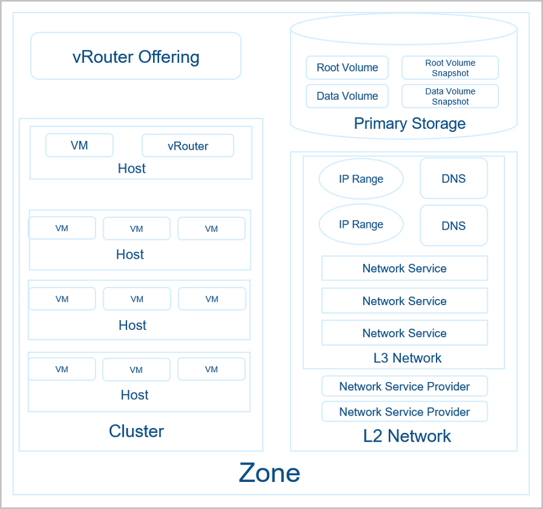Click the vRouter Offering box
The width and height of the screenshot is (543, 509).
(136, 56)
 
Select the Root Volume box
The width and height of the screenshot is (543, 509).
(347, 67)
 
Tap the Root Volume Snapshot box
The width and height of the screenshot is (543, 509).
(450, 68)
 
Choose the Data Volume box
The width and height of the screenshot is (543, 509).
(347, 96)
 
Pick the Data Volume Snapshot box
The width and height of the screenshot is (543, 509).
(450, 96)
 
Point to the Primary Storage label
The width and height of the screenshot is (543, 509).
(409, 124)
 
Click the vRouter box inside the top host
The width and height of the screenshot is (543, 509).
(188, 145)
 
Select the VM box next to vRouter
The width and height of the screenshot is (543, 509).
(79, 145)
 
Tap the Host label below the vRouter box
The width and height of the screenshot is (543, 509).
(131, 169)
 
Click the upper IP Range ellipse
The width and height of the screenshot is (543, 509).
(361, 179)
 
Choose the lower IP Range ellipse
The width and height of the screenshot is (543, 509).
(361, 224)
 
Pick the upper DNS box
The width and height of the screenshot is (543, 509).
(453, 179)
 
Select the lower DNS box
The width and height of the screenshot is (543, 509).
(453, 226)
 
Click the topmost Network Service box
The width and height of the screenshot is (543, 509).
(405, 268)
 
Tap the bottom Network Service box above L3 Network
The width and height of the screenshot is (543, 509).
(405, 333)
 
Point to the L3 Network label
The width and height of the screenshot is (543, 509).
(407, 358)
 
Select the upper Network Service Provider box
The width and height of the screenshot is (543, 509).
(405, 386)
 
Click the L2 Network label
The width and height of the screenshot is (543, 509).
(407, 436)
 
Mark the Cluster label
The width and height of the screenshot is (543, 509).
(136, 431)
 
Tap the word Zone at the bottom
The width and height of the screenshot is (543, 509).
(269, 473)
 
